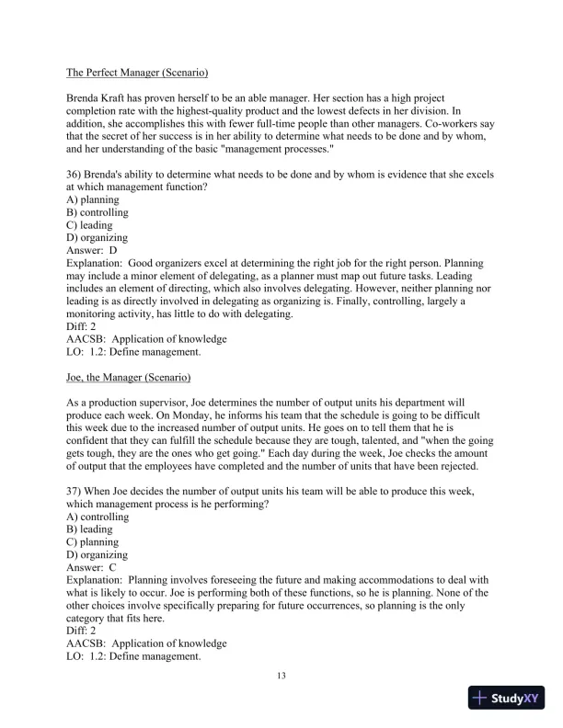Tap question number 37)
pos(76,493)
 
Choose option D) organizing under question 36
pos(98,237)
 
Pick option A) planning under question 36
pos(93,199)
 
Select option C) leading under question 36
pos(90,225)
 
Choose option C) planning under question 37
pos(93,542)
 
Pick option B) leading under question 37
pos(90,529)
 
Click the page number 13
pos(281,677)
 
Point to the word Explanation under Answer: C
pos(94,581)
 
